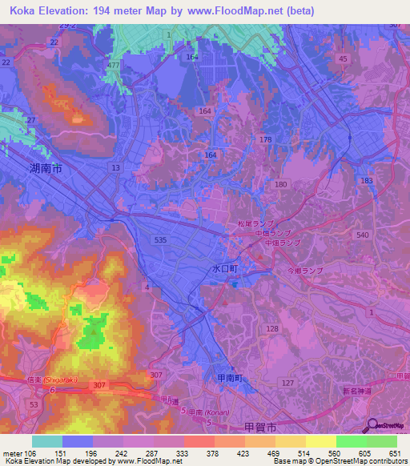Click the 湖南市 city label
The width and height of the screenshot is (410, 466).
click(x=46, y=169)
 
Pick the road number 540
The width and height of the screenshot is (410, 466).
click(x=363, y=235)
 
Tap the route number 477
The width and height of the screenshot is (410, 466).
click(x=113, y=65)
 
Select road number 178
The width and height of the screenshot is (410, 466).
click(x=266, y=140)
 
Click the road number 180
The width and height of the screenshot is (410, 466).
click(x=280, y=184)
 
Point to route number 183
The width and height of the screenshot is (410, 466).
click(x=367, y=181)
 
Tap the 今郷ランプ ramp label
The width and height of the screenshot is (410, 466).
click(x=304, y=271)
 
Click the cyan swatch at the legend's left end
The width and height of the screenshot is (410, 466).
click(x=46, y=441)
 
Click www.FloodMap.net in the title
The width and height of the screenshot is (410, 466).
click(x=242, y=11)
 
